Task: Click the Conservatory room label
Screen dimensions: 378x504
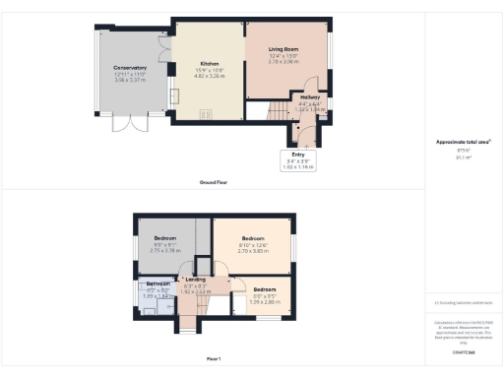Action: pyautogui.click(x=129, y=67)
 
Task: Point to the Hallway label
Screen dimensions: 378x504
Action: pyautogui.click(x=311, y=98)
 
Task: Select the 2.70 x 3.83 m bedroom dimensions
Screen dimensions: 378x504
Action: pyautogui.click(x=254, y=251)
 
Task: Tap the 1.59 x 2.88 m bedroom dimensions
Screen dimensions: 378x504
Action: pyautogui.click(x=265, y=301)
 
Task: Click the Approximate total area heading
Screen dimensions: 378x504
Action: pyautogui.click(x=463, y=142)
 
